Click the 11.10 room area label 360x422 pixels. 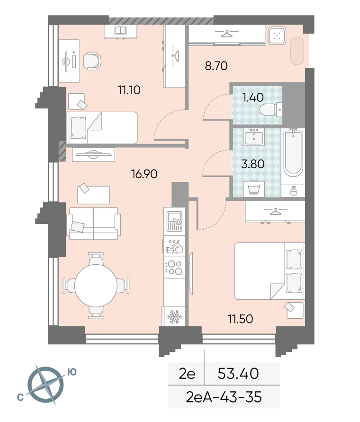(x=129, y=90)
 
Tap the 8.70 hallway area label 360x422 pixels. (x=216, y=66)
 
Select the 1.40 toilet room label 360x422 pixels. (x=253, y=98)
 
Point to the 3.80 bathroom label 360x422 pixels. (x=253, y=164)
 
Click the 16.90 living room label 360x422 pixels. (x=144, y=174)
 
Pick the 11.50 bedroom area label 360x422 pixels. (x=241, y=319)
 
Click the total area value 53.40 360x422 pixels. (x=238, y=374)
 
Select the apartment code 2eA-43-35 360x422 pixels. (x=224, y=397)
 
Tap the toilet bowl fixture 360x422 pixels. (x=271, y=109)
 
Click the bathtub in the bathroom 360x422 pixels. (x=293, y=153)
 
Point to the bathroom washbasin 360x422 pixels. (x=253, y=137)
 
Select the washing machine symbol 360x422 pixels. (x=254, y=189)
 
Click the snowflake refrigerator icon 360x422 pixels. (x=174, y=316)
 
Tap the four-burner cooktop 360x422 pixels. (x=174, y=267)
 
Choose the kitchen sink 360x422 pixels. (x=174, y=222)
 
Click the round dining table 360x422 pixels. (x=96, y=286)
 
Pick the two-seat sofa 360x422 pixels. (x=93, y=224)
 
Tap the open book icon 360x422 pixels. (x=120, y=31)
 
